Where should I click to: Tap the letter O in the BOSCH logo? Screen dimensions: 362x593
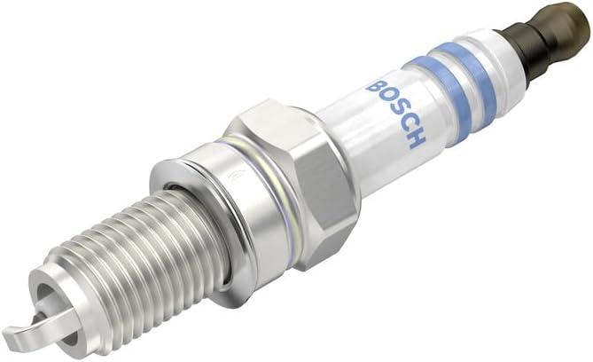[x=385, y=100]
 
